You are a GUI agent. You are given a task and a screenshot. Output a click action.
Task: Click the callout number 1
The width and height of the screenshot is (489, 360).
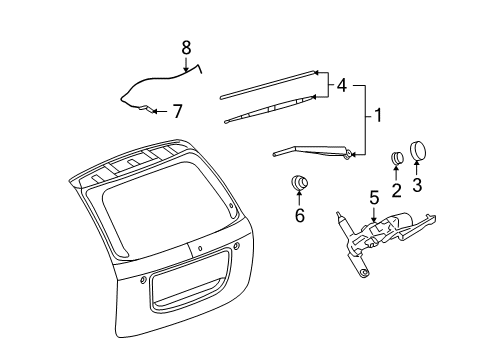pyautogui.click(x=377, y=116)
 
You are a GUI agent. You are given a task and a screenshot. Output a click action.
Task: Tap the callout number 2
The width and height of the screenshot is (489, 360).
pyautogui.click(x=396, y=190)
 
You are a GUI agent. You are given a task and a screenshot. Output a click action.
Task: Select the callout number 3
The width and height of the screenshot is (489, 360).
pyautogui.click(x=418, y=185)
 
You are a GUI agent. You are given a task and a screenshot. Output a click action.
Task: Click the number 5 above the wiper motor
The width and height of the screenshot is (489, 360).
pyautogui.click(x=373, y=198)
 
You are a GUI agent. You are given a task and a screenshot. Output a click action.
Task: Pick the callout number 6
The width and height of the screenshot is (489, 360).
pyautogui.click(x=299, y=216)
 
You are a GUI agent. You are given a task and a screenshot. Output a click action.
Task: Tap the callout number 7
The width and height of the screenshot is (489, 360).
pyautogui.click(x=178, y=110)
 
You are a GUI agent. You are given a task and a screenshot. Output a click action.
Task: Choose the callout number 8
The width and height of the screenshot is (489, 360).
pyautogui.click(x=185, y=46)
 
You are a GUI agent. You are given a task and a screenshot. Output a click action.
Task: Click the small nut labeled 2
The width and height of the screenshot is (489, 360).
pyautogui.click(x=396, y=156)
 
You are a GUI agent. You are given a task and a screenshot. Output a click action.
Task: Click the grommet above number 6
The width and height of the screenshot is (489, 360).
pyautogui.click(x=298, y=182)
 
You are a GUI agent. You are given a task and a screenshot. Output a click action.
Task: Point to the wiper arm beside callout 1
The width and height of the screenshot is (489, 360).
pyautogui.click(x=310, y=151)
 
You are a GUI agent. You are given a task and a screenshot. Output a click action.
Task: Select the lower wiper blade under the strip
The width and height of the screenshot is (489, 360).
pyautogui.click(x=270, y=108)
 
